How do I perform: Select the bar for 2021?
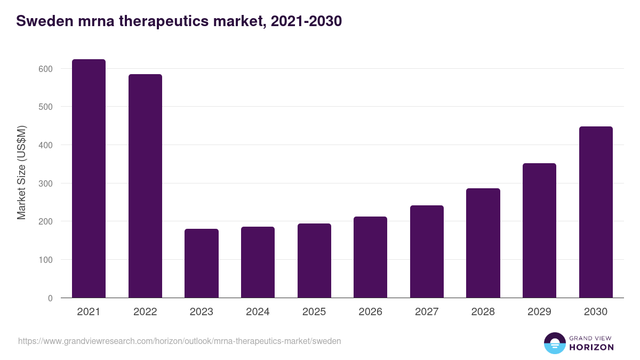click(x=89, y=179)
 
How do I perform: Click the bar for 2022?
click(x=145, y=186)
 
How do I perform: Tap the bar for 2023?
click(x=202, y=263)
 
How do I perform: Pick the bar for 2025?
click(x=314, y=261)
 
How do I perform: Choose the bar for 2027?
click(x=427, y=252)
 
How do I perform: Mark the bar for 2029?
click(x=539, y=230)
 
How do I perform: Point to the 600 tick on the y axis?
click(x=45, y=69)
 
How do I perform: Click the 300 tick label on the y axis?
click(x=45, y=183)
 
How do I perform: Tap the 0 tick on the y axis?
click(x=50, y=298)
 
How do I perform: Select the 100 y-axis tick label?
click(x=45, y=260)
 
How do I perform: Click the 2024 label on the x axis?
click(x=258, y=312)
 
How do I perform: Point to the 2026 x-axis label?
click(x=370, y=312)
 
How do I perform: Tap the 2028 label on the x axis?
click(x=483, y=312)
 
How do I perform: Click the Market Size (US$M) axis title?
click(x=21, y=172)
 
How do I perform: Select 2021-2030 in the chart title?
click(x=306, y=21)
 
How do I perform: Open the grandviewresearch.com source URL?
click(x=179, y=341)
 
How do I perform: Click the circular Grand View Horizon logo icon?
click(x=555, y=343)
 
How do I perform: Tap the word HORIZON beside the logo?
click(x=591, y=347)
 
